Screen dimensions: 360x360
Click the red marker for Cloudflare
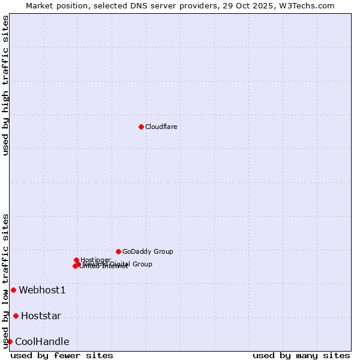[x=141, y=127]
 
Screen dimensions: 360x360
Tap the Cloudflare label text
[x=161, y=127]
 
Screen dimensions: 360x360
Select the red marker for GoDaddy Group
[x=118, y=251]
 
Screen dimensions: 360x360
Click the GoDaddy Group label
[x=148, y=251]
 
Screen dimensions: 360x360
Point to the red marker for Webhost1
[x=13, y=290]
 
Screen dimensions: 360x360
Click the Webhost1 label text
[x=42, y=290]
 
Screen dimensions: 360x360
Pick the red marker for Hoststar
[x=16, y=316]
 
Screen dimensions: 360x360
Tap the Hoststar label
[x=41, y=316]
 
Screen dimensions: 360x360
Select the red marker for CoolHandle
[x=10, y=341]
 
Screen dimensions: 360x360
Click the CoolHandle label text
[x=42, y=342]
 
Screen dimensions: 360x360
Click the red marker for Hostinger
[x=76, y=260]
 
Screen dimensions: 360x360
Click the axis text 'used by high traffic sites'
[x=5, y=85]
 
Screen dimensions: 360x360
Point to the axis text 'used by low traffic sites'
[x=5, y=280]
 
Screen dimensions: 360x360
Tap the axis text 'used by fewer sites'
[x=62, y=355]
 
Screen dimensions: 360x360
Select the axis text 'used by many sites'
[x=301, y=355]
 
